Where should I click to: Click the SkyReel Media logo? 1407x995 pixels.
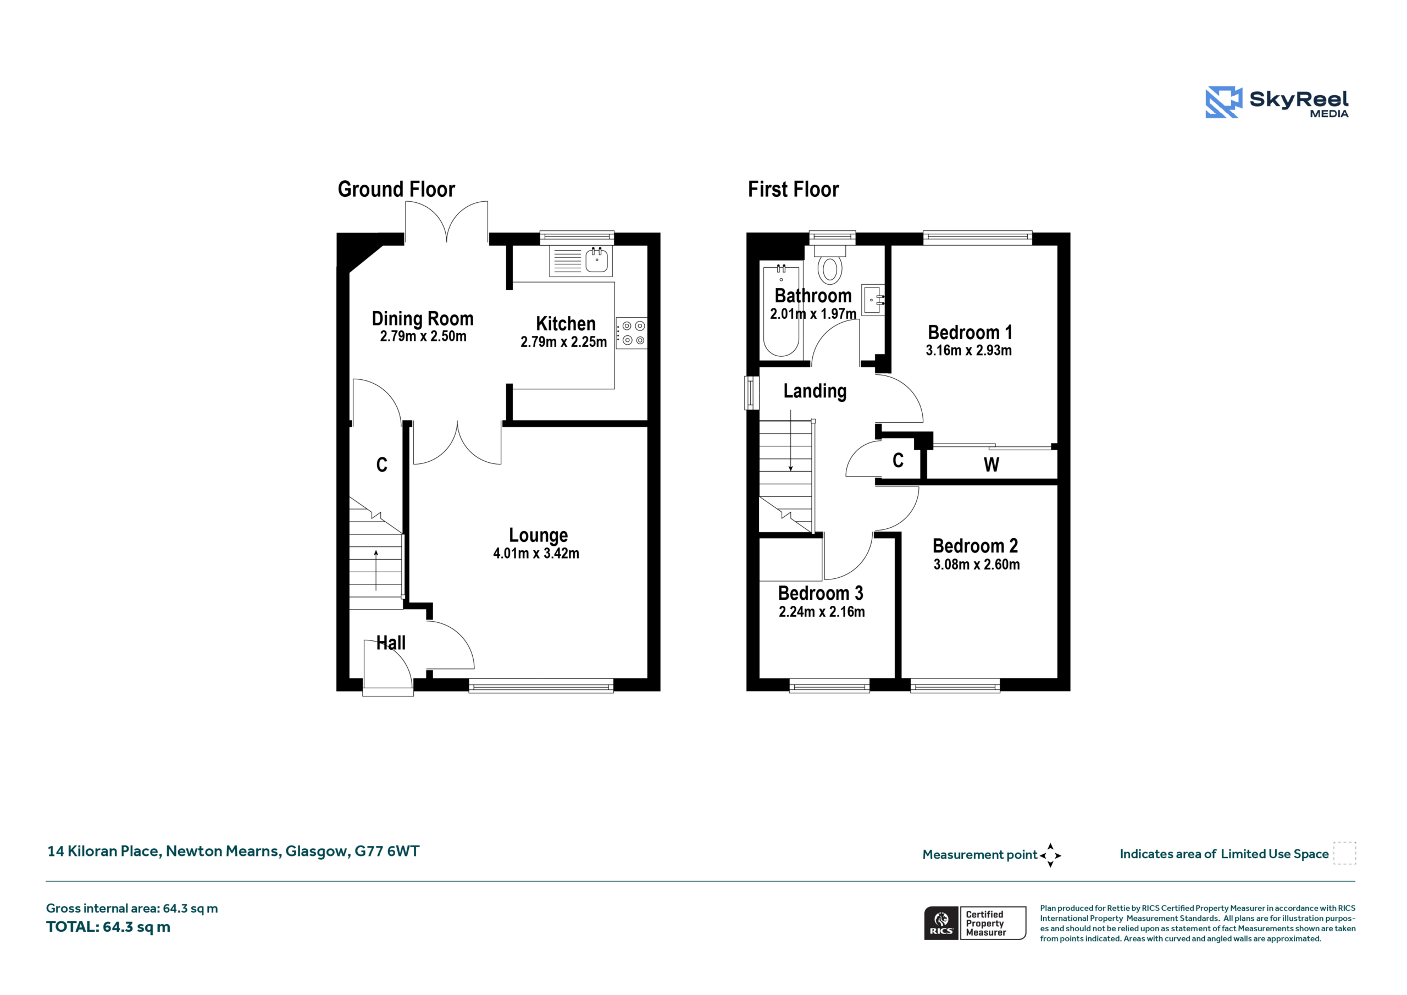(1277, 102)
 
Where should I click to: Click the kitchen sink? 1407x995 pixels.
(580, 261)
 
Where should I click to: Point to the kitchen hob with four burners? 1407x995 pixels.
(631, 333)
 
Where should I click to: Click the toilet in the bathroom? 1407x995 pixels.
(830, 264)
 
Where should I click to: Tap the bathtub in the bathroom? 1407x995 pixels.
(780, 311)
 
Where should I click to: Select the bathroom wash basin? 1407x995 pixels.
(873, 300)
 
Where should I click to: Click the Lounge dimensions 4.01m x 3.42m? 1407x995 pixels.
(536, 553)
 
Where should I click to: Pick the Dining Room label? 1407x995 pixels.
(423, 319)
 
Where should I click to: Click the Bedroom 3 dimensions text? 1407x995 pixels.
(822, 611)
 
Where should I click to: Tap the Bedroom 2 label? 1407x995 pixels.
(976, 546)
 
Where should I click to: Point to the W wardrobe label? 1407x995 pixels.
(991, 465)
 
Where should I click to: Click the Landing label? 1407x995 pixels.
(815, 391)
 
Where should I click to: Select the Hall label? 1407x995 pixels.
(391, 643)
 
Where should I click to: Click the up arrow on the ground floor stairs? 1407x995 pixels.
(376, 570)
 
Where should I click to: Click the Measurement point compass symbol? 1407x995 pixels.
(1050, 855)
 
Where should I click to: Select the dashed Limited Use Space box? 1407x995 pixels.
(1345, 853)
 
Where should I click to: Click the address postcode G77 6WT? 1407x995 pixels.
(387, 851)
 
